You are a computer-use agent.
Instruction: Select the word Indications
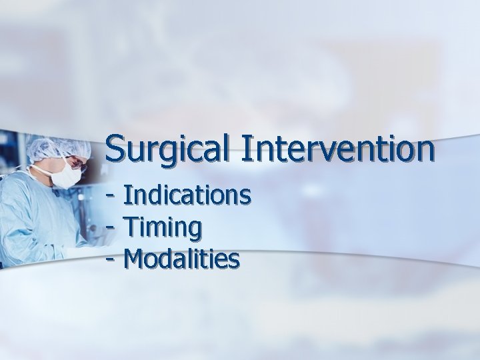point(187,196)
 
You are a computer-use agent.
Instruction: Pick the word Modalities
point(181,258)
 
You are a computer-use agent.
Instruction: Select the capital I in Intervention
point(248,148)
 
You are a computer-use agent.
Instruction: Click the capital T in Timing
point(131,227)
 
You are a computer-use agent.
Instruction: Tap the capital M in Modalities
point(135,258)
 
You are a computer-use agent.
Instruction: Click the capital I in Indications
point(127,196)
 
